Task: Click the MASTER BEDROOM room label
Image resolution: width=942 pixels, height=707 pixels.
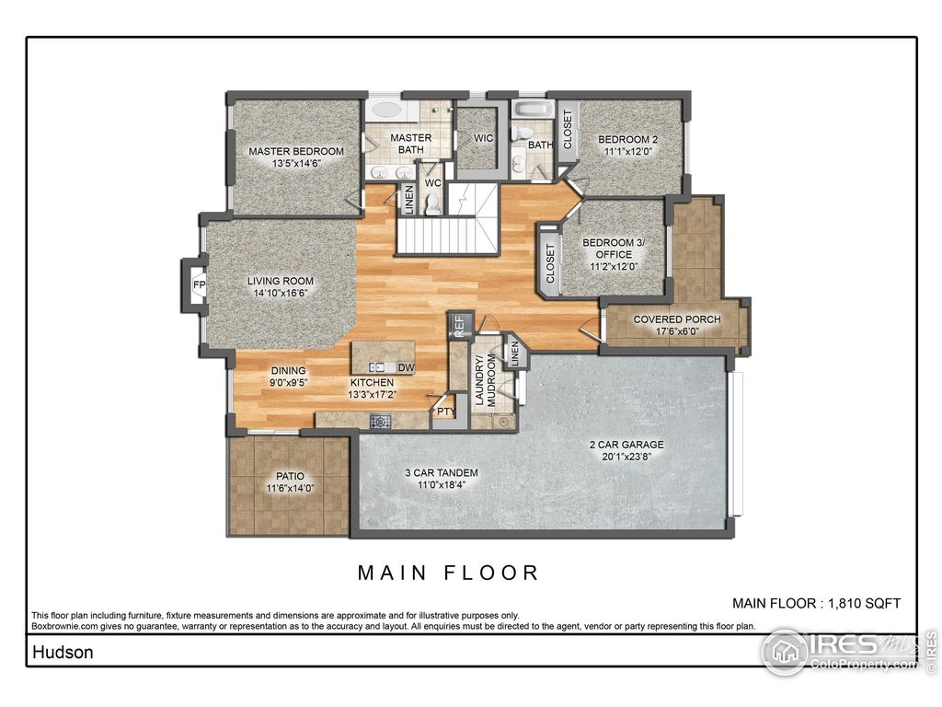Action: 296,151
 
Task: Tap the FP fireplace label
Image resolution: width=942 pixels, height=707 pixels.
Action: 198,286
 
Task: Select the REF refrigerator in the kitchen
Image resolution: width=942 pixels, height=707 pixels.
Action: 459,327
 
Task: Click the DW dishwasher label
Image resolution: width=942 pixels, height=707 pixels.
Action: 406,367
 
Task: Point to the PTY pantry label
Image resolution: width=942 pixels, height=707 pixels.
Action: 445,411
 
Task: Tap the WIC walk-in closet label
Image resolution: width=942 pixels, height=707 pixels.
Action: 483,139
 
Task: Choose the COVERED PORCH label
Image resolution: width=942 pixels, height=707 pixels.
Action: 676,319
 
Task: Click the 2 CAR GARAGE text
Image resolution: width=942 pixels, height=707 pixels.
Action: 626,445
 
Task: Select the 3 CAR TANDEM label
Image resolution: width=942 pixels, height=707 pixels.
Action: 442,473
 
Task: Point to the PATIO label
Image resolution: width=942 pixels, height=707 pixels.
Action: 289,476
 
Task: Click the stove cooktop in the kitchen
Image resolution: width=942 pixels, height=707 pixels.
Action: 380,422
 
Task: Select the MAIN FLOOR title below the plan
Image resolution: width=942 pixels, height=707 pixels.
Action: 448,573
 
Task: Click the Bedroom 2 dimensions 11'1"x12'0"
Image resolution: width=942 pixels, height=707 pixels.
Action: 628,152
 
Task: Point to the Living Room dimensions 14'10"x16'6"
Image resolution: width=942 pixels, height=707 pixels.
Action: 280,294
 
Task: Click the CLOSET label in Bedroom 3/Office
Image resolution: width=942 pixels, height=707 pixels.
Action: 551,263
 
